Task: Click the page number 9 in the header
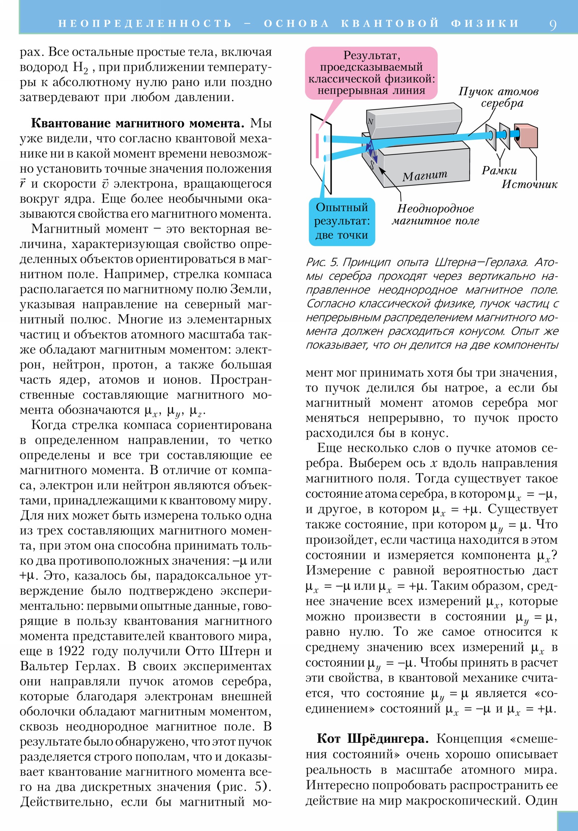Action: (x=552, y=25)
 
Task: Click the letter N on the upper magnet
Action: (x=370, y=122)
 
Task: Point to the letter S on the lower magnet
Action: (x=372, y=165)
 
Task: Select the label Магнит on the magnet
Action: (x=424, y=176)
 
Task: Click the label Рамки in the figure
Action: (x=499, y=171)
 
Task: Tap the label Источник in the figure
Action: (x=529, y=185)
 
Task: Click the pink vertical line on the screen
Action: (x=317, y=146)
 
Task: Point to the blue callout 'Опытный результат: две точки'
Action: (x=342, y=221)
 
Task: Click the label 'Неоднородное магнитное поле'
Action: (x=435, y=215)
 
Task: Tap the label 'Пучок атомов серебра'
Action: (x=499, y=97)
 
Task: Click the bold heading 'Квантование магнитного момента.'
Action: (x=138, y=123)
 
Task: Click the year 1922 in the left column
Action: (x=71, y=651)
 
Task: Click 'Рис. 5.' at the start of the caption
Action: (x=322, y=262)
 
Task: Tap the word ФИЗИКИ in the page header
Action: (x=485, y=23)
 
